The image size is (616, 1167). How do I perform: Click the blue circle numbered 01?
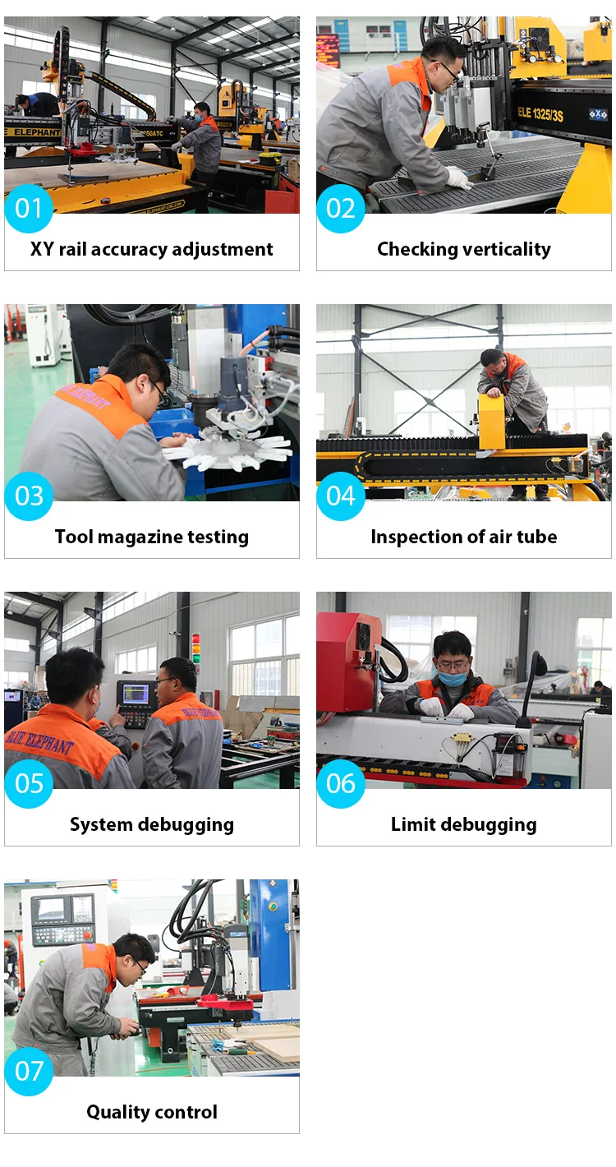pyautogui.click(x=29, y=209)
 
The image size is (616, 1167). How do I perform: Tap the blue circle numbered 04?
pyautogui.click(x=341, y=496)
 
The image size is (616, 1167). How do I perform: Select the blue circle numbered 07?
pyautogui.click(x=29, y=1071)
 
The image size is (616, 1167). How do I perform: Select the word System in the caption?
pyautogui.click(x=101, y=825)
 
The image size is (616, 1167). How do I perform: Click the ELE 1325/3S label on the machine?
pyautogui.click(x=540, y=113)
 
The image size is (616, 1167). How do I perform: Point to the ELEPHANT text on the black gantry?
pyautogui.click(x=36, y=132)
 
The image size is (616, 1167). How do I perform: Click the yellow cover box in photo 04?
pyautogui.click(x=491, y=421)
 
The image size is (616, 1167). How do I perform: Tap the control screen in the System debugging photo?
pyautogui.click(x=136, y=694)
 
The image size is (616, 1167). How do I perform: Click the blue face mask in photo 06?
pyautogui.click(x=452, y=678)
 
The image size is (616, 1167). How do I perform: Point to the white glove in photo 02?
pyautogui.click(x=459, y=178)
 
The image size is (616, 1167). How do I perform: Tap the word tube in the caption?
pyautogui.click(x=537, y=537)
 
